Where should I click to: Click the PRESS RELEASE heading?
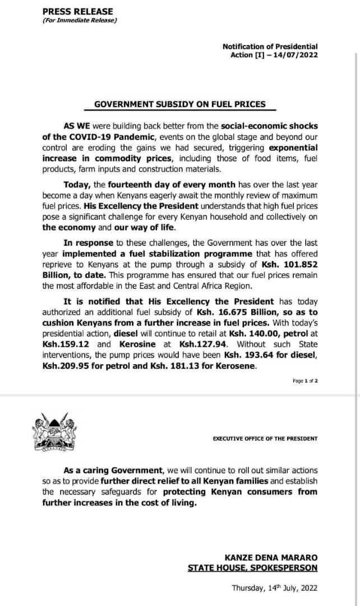77,11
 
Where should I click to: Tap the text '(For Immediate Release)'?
79,21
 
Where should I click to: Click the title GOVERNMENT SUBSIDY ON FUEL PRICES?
179,104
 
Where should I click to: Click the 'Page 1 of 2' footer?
306,380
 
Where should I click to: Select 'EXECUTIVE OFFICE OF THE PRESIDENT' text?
265,438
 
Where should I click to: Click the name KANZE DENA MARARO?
271,557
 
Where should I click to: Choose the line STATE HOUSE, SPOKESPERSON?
253,568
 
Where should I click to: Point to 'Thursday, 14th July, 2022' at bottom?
275,589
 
